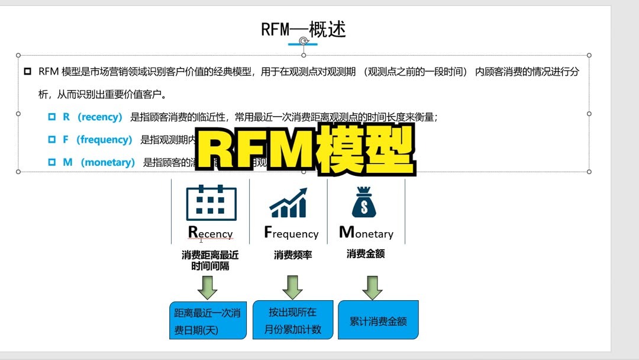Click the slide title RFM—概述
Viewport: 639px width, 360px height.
pyautogui.click(x=304, y=29)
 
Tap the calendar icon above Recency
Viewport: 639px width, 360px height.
pyautogui.click(x=211, y=202)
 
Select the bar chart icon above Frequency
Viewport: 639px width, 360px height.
pyautogui.click(x=289, y=203)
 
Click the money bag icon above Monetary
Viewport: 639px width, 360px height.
pyautogui.click(x=364, y=202)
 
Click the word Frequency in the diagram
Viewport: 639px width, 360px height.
pyautogui.click(x=291, y=233)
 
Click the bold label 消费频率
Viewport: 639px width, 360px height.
pyautogui.click(x=292, y=255)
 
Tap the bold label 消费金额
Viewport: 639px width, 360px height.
pyautogui.click(x=366, y=253)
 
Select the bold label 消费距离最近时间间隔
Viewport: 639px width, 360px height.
pyautogui.click(x=210, y=261)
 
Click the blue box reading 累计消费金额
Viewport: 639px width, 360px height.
pyautogui.click(x=378, y=320)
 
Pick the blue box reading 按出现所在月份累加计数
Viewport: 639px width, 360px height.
pyautogui.click(x=292, y=320)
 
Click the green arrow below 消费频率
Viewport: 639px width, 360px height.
pyautogui.click(x=292, y=287)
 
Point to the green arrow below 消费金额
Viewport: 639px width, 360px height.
pyautogui.click(x=372, y=287)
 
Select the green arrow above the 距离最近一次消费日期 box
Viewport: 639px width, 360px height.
pyautogui.click(x=208, y=287)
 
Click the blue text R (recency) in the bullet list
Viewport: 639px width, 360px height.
pyautogui.click(x=92, y=117)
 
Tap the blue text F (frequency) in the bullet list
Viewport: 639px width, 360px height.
pyautogui.click(x=97, y=140)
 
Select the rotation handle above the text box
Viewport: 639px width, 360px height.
pyautogui.click(x=304, y=40)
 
